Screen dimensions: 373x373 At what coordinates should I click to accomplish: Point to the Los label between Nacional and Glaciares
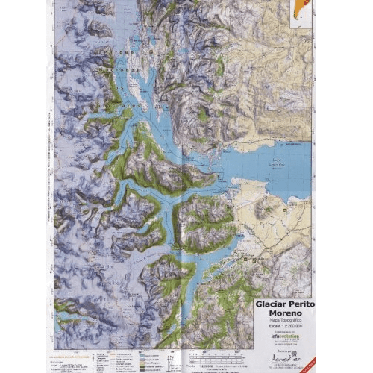point(134,74)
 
